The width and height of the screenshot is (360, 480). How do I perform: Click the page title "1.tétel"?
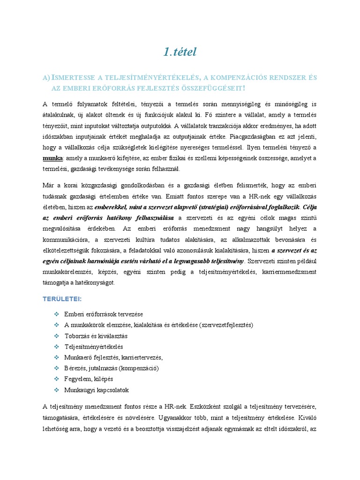pos(180,52)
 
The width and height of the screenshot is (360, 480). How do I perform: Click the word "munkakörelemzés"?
pos(68,272)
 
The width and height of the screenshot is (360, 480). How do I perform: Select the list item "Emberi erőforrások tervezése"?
pos(104,314)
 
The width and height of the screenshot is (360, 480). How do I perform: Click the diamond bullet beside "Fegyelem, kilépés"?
pos(56,379)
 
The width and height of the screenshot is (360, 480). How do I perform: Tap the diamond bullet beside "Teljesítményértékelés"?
pos(56,347)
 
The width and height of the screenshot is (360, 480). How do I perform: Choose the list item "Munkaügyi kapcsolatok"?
pos(97,390)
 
